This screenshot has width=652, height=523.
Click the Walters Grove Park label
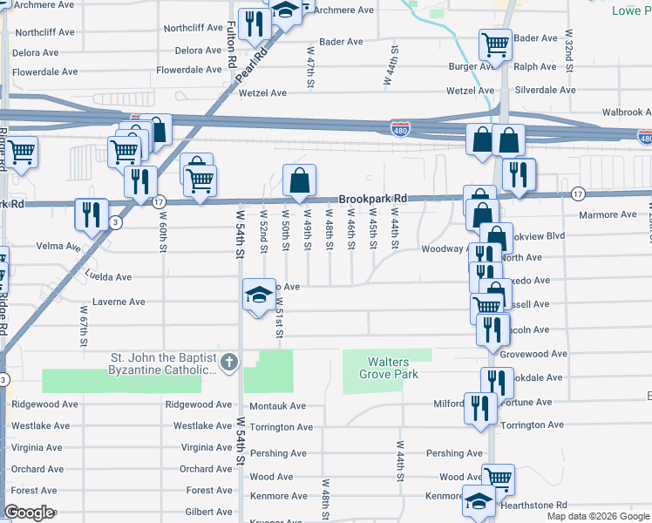tap(388, 368)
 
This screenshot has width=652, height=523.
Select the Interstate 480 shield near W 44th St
tap(400, 129)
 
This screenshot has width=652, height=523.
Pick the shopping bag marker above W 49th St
tap(299, 180)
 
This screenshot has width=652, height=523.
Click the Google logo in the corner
tap(29, 513)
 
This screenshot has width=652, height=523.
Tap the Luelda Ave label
tap(108, 277)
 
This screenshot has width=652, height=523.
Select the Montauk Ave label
tap(277, 406)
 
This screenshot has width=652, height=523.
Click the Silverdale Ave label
tap(545, 90)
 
